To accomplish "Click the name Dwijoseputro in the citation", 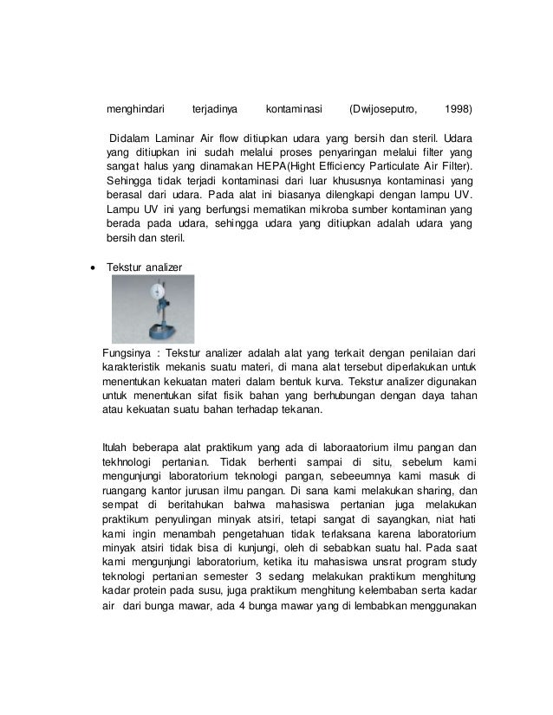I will pos(383,110).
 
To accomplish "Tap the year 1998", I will pos(458,110).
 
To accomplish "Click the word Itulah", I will pos(117,448).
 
